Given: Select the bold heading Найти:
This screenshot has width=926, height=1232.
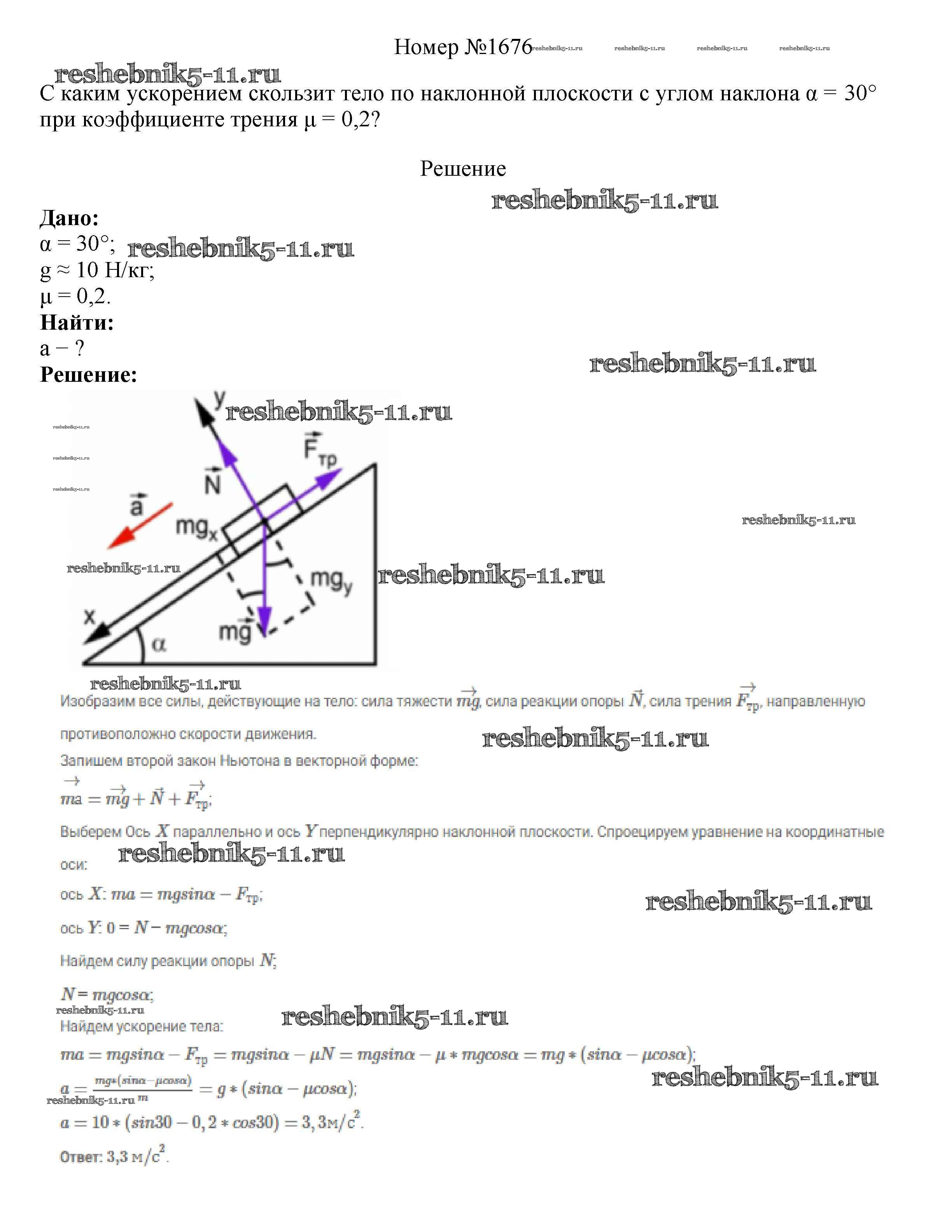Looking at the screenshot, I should [77, 322].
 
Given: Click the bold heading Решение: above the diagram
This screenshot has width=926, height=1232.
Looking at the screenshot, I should [89, 374].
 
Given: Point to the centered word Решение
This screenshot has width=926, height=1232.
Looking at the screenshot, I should [462, 168].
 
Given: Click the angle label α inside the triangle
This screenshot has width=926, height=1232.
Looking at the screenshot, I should [158, 645].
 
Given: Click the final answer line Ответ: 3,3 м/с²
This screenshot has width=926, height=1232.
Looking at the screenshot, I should [114, 1157].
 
